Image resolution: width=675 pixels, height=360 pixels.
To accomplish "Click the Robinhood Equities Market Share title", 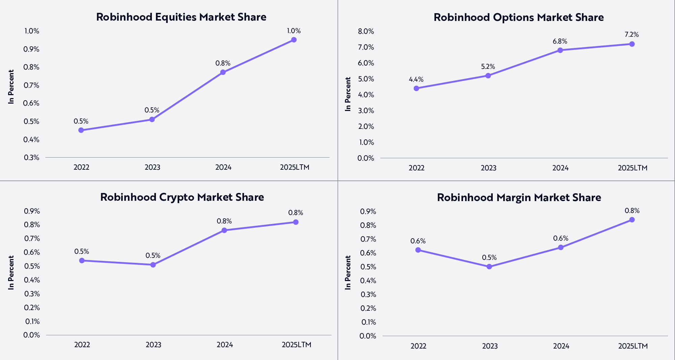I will [181, 17].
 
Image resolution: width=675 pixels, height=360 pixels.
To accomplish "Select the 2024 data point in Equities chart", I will [223, 72].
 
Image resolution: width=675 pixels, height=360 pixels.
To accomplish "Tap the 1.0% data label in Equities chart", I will [294, 31].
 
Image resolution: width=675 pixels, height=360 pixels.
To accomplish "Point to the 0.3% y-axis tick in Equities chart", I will [31, 158].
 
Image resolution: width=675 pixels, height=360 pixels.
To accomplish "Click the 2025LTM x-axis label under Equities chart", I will [295, 167].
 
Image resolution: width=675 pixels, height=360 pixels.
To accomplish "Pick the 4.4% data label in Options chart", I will [416, 79].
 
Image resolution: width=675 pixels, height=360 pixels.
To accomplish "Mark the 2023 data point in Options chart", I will [488, 76].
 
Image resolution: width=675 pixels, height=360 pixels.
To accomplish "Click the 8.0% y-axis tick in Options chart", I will [366, 31].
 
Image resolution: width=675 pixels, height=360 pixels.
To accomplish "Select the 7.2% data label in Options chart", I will [632, 34].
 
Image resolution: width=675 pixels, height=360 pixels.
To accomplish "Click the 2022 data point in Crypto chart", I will [82, 260].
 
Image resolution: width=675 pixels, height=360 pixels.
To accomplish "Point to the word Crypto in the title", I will [177, 197].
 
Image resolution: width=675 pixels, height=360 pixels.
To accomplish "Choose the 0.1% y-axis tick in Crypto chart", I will [32, 321].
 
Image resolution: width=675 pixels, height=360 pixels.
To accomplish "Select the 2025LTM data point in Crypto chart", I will [296, 222].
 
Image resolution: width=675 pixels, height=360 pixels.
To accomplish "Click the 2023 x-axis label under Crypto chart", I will [154, 345].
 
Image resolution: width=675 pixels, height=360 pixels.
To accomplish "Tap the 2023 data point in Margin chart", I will [489, 267].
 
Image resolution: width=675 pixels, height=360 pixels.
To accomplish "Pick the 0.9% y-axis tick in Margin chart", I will [368, 212].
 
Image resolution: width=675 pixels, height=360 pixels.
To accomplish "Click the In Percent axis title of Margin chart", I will [348, 272].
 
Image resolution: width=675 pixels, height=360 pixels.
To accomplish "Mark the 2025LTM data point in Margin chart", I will [632, 220].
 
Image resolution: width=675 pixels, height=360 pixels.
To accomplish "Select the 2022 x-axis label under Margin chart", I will [418, 346].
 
